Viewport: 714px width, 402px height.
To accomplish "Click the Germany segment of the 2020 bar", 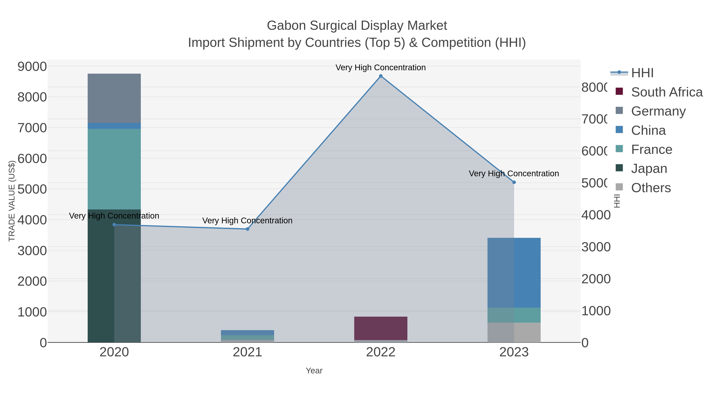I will coord(114,98).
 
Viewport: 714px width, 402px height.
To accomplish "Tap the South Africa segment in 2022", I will coord(381,328).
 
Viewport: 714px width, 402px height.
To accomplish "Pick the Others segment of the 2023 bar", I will coord(514,332).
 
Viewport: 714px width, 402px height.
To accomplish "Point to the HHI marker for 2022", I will coord(381,76).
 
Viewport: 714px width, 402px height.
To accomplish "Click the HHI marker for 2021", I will coord(248,229).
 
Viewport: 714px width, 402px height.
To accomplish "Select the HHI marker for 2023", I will coord(514,182).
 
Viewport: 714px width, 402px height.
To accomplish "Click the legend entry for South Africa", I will coord(667,92).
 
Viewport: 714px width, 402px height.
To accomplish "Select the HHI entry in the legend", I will coord(642,73).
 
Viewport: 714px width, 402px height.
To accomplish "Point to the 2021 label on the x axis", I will coord(247,352).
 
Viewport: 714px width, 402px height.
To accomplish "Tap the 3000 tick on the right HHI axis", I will coord(596,247).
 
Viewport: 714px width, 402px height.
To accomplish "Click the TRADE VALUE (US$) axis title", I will coord(12,201).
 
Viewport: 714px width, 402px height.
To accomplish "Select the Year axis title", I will coord(314,371).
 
